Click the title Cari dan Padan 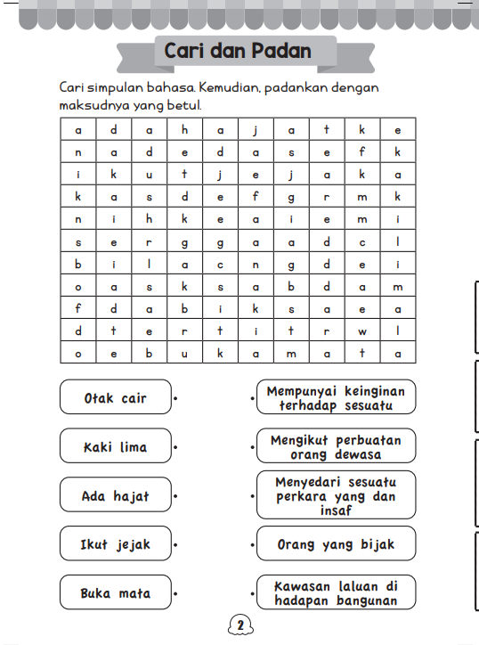[238, 51]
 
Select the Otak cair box [115, 397]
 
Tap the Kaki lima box [115, 446]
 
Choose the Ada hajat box [115, 495]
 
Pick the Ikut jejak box [115, 543]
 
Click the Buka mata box [115, 592]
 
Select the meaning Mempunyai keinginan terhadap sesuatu [335, 397]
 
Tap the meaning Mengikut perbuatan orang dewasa [335, 446]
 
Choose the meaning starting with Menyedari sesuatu [335, 495]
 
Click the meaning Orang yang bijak [335, 543]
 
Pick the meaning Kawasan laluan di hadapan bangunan [335, 592]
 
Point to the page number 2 [239, 625]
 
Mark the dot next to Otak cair [176, 398]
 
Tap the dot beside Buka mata [176, 593]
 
